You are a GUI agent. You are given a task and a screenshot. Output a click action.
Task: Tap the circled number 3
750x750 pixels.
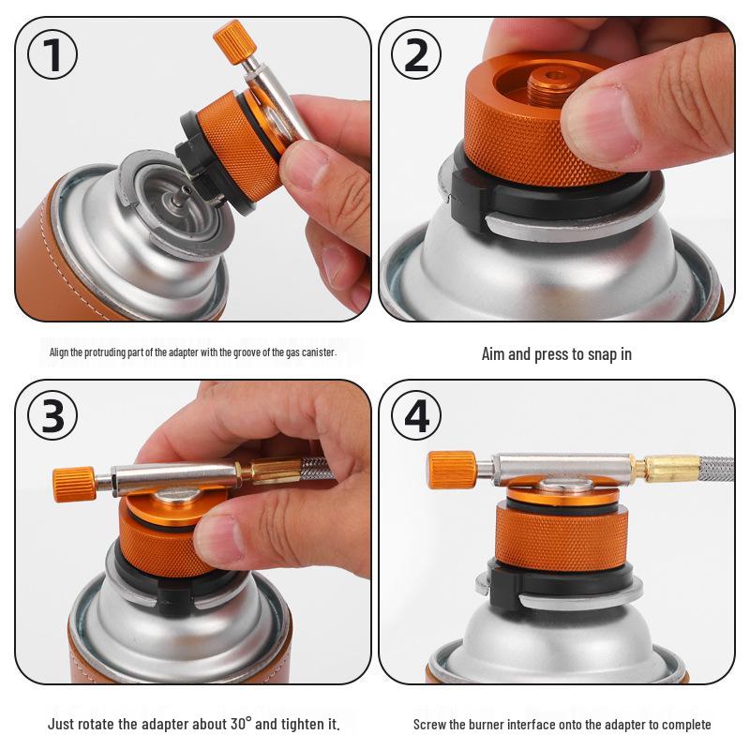coord(53,413)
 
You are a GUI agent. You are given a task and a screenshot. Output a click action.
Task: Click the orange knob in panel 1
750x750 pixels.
coord(230,40)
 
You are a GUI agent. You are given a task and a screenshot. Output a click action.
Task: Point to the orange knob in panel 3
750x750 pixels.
coord(74,483)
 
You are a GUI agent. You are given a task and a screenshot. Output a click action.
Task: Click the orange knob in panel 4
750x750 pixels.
coord(451,469)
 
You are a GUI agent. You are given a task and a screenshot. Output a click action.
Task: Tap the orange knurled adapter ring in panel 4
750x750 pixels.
coord(548,539)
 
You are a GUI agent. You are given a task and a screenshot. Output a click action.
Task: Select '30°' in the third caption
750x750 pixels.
coord(242,725)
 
